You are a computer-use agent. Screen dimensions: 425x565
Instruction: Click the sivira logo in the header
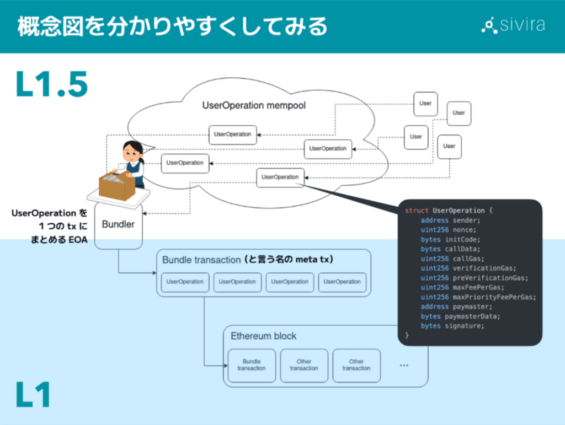pyautogui.click(x=513, y=25)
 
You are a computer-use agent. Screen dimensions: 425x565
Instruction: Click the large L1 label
pyautogui.click(x=34, y=395)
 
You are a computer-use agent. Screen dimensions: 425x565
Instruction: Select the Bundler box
pyautogui.click(x=119, y=225)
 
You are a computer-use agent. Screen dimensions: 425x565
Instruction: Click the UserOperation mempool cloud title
pyautogui.click(x=254, y=105)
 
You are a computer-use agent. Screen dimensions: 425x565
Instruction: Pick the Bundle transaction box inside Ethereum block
pyautogui.click(x=251, y=365)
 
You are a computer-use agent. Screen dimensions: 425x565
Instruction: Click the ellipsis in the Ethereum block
pyautogui.click(x=403, y=365)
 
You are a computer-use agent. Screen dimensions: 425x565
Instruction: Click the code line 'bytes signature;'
pyautogui.click(x=452, y=326)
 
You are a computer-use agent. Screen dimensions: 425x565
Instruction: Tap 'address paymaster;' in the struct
pyautogui.click(x=456, y=306)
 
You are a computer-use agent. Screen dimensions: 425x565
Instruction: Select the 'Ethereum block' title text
pyautogui.click(x=263, y=336)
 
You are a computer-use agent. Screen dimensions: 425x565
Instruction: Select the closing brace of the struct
pyautogui.click(x=407, y=335)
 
